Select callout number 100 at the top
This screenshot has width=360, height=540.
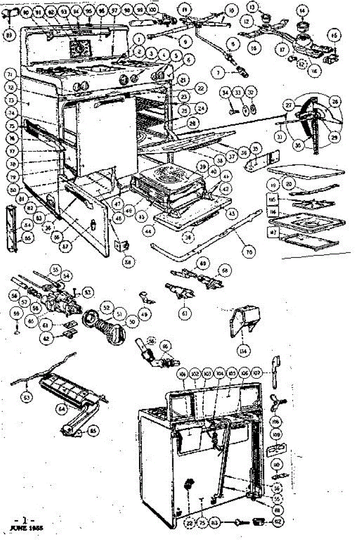point(153,9)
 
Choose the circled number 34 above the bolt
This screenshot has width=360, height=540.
point(225,93)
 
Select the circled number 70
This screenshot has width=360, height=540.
point(247,253)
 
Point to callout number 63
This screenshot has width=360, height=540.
point(28,397)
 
